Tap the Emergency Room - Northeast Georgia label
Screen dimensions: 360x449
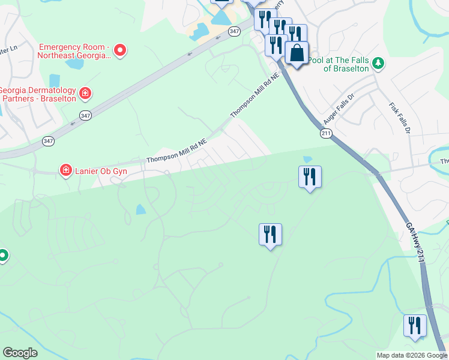(75, 51)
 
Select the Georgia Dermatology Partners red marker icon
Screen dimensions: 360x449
(85, 93)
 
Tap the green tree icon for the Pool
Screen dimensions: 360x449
(378, 63)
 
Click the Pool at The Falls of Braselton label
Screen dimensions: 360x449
(342, 64)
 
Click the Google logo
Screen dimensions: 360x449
(20, 353)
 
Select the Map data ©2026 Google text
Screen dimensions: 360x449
(412, 355)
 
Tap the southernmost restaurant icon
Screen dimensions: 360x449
(415, 325)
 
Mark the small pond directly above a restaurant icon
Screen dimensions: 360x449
(308, 159)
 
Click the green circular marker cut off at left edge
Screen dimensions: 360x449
(2, 256)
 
